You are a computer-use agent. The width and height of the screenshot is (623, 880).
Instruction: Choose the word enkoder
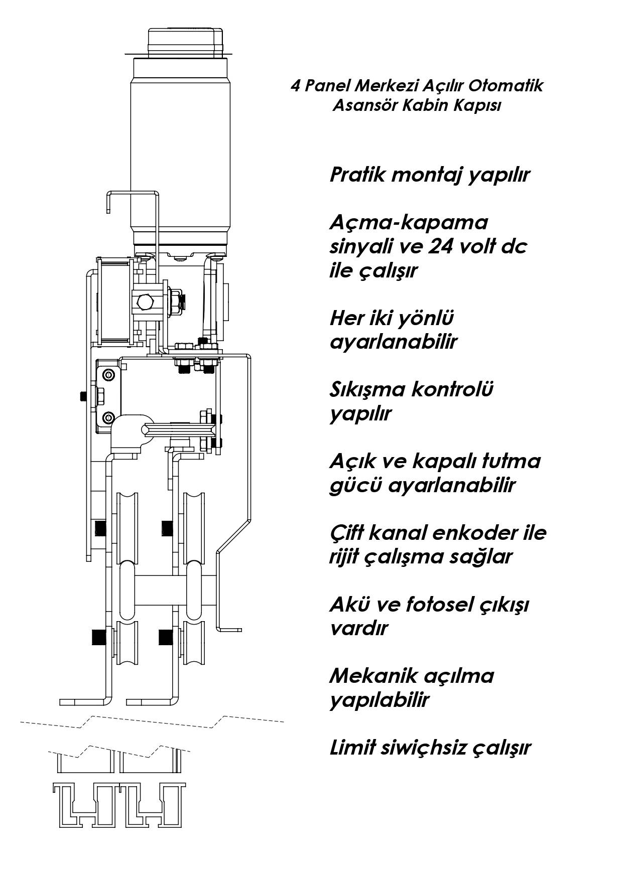(x=468, y=533)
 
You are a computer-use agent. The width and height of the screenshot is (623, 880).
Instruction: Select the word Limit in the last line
(x=352, y=748)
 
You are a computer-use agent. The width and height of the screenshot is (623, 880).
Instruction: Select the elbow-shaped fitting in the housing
(x=132, y=431)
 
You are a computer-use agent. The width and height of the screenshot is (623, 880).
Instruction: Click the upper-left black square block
(x=101, y=528)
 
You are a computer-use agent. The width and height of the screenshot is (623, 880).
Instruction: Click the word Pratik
(x=357, y=175)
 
